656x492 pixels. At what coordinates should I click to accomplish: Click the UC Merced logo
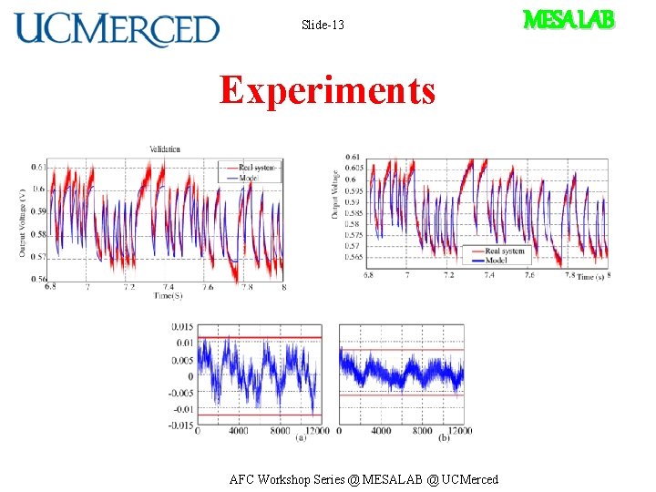(x=117, y=28)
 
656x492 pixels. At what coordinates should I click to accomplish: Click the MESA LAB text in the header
(x=568, y=19)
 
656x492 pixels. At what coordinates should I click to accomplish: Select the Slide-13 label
(x=323, y=25)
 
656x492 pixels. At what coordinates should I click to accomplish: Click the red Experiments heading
(x=327, y=90)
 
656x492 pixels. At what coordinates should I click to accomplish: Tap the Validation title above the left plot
(x=165, y=149)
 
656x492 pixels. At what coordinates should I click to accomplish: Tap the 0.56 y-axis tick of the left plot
(x=38, y=280)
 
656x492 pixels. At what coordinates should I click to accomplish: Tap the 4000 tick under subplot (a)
(x=238, y=431)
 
